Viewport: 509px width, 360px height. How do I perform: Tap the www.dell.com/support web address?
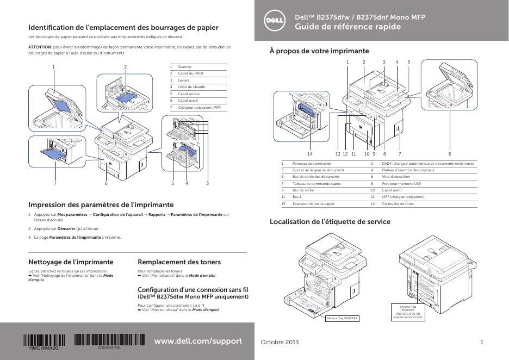(x=198, y=341)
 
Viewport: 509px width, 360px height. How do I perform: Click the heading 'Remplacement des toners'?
(x=179, y=262)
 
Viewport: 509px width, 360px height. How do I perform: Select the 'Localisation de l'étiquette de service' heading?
(x=330, y=222)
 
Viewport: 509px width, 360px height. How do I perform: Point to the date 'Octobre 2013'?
(x=280, y=342)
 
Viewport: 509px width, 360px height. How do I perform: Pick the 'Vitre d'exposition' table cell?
(x=396, y=177)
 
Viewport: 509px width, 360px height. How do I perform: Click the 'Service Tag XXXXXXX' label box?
(x=342, y=318)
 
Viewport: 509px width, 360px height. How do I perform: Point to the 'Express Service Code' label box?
(x=408, y=312)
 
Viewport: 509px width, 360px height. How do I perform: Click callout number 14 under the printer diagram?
(x=310, y=154)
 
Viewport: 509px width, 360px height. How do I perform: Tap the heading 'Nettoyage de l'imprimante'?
(x=71, y=262)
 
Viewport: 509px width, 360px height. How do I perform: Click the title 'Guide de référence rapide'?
(x=347, y=27)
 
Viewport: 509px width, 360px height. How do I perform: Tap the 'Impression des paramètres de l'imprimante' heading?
(x=101, y=205)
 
